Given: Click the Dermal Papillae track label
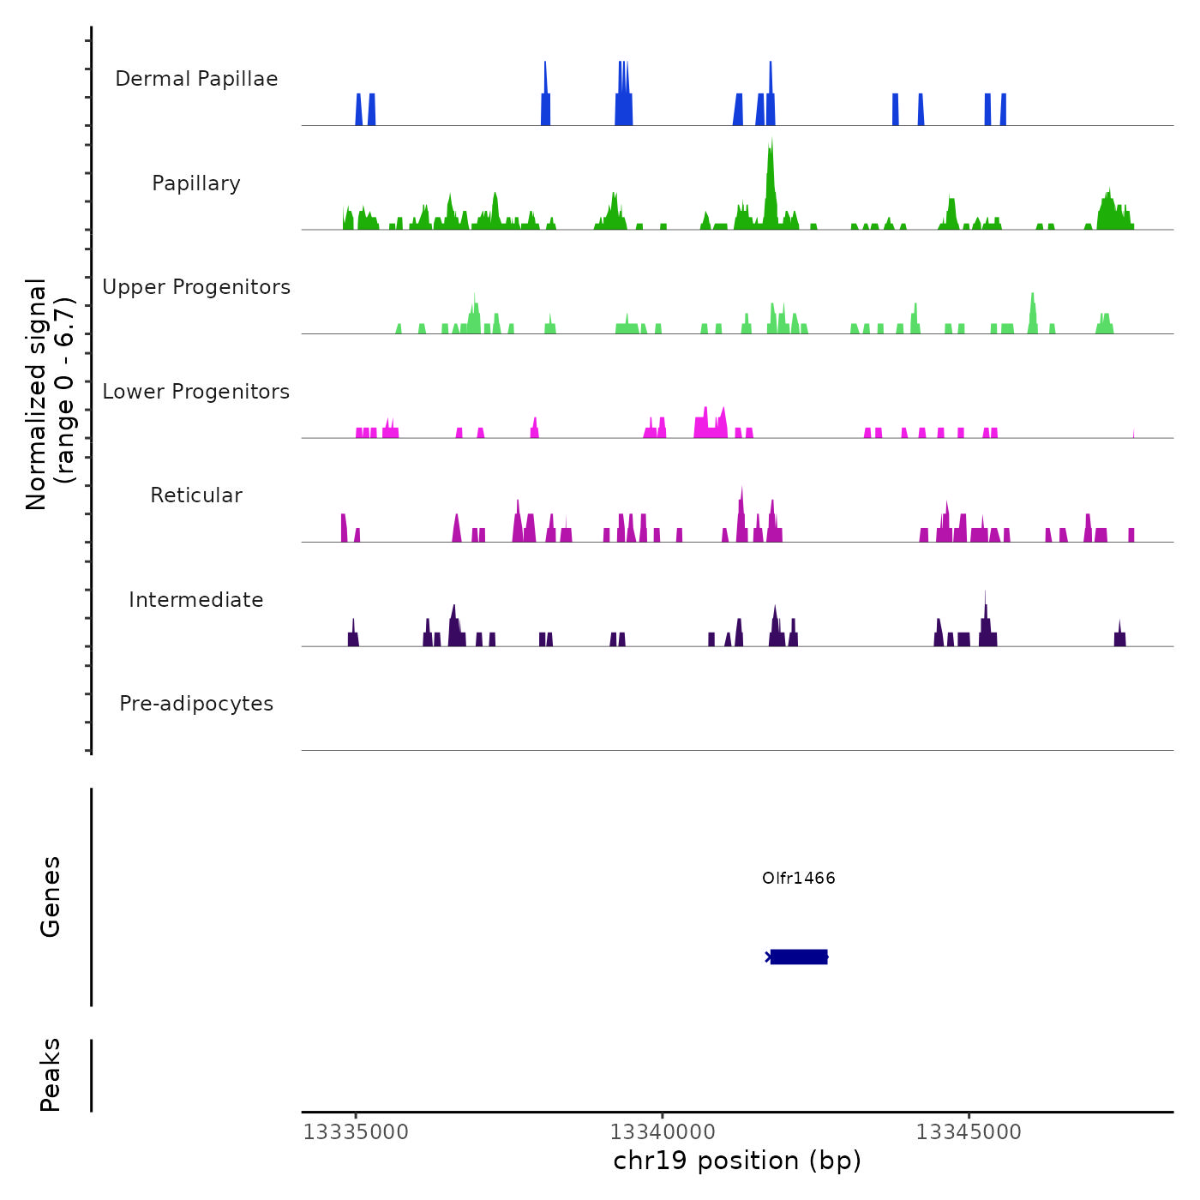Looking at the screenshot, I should [196, 79].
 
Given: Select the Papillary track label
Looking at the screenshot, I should [196, 183].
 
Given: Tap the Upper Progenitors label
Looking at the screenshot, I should [196, 287].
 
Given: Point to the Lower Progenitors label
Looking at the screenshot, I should [196, 392].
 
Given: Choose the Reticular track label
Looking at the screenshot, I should [196, 495].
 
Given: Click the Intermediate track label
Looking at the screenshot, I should [196, 600].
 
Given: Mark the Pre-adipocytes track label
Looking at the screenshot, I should [196, 704].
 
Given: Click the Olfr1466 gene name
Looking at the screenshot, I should [798, 878].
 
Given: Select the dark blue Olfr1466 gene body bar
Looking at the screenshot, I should [799, 957].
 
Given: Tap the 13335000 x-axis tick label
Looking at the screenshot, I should [357, 1132].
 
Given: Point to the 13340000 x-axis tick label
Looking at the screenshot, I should [663, 1132].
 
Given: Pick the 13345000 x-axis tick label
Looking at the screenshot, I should [969, 1132].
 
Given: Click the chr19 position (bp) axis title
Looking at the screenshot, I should [737, 1161].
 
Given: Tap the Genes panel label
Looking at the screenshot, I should [51, 897].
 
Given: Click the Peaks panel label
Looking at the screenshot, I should [51, 1075].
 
